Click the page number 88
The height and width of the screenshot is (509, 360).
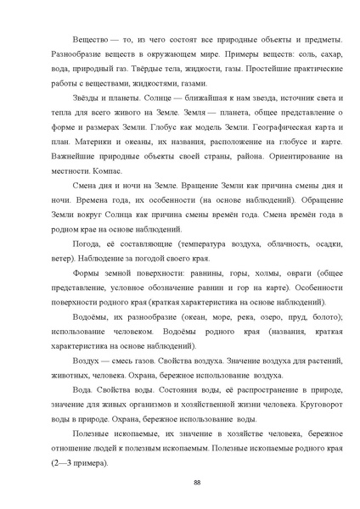pos(197,483)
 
